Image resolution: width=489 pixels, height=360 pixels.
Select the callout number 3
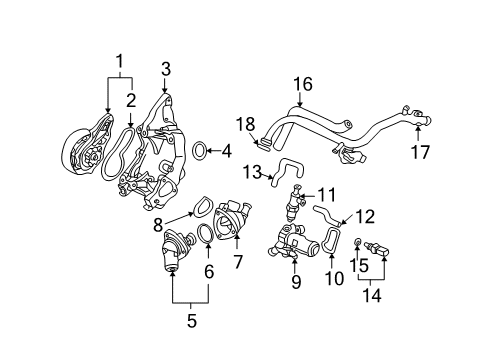pyautogui.click(x=166, y=67)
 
